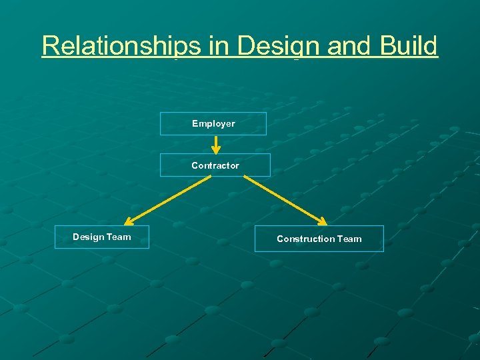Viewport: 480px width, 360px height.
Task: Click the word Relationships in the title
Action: pos(121,46)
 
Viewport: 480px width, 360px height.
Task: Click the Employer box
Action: pos(213,123)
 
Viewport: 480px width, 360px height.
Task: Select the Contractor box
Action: pos(215,165)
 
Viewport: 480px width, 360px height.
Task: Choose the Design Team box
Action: pos(101,237)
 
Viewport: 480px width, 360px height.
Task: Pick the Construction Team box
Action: pos(319,239)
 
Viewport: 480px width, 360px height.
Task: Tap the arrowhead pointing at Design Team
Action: pos(130,221)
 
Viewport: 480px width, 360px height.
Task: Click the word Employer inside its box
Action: pos(213,123)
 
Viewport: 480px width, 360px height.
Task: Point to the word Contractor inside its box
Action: pos(215,165)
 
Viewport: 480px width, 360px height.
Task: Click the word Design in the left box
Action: pos(87,237)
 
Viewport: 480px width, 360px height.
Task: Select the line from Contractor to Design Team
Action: pos(163,199)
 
